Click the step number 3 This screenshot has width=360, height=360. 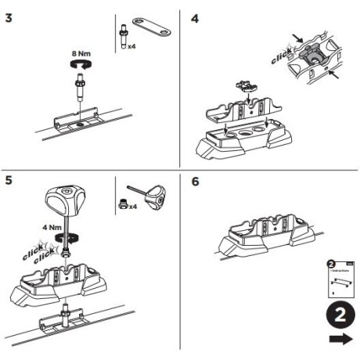click(x=9, y=16)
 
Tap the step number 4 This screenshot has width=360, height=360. click(x=195, y=16)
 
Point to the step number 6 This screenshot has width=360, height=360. click(x=195, y=181)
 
